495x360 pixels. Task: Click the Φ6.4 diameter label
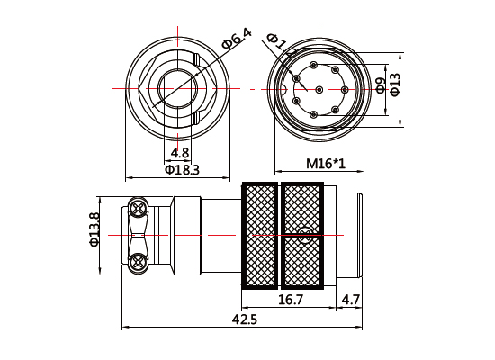[237, 40]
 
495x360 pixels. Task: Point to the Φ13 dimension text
[394, 85]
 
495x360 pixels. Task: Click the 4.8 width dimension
[180, 153]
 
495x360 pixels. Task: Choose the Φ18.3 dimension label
[181, 169]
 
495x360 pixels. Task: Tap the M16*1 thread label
[326, 164]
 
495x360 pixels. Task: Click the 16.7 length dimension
[290, 299]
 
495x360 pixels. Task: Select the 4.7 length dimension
[350, 299]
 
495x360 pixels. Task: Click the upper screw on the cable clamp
[139, 208]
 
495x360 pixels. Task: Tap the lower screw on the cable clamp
[139, 262]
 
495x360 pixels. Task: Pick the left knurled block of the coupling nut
[262, 236]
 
